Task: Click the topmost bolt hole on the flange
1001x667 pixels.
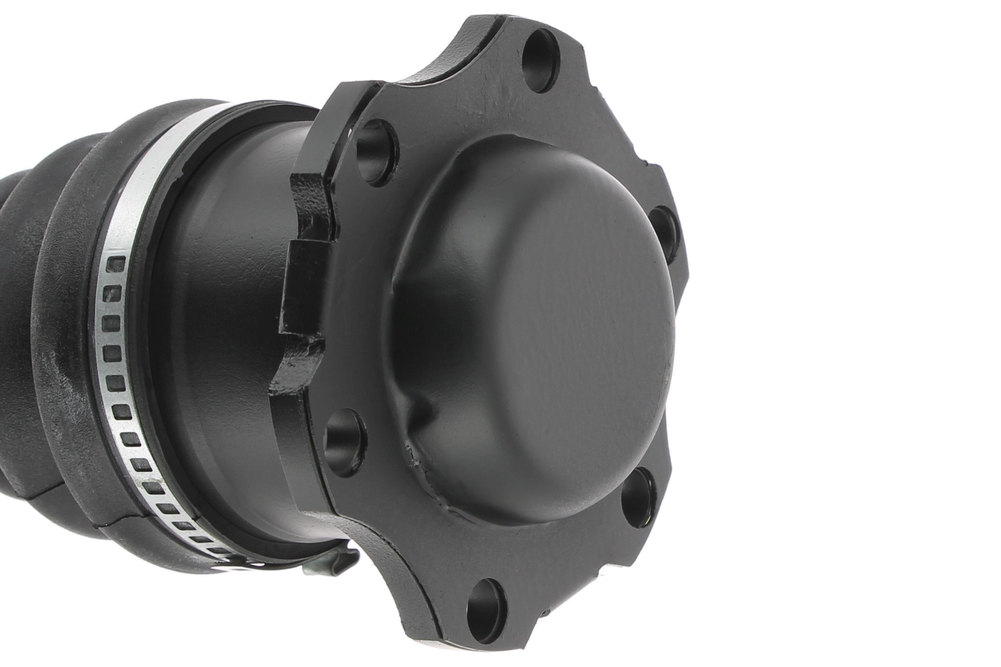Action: point(541,61)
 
